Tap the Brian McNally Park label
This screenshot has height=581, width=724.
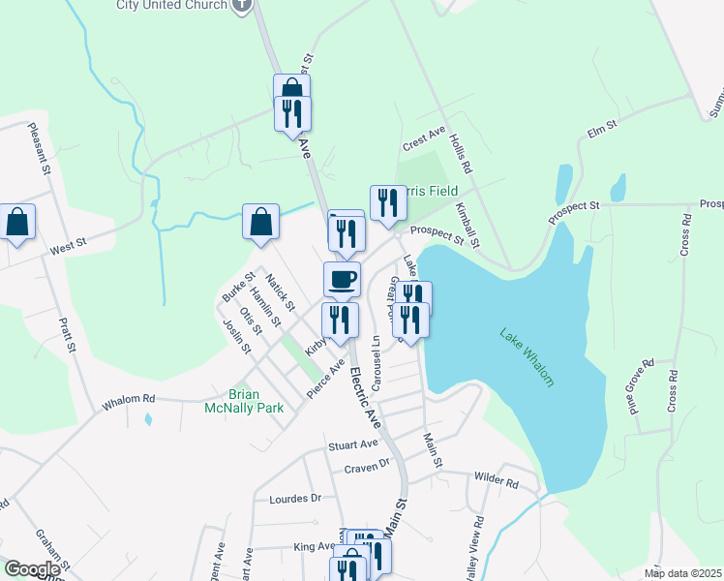coord(256,401)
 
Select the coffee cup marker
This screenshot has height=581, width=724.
coord(341,280)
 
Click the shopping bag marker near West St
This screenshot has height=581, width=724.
coord(17,223)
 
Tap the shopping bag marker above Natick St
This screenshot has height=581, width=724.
coord(261,222)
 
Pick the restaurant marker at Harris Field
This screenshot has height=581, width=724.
coord(388,203)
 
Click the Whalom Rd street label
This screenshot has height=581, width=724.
coord(129,399)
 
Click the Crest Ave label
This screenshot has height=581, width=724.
coord(423,138)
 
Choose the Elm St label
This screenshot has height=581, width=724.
coord(602,127)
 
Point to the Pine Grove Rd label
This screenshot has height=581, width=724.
coord(642,386)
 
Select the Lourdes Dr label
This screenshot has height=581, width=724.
coord(294,498)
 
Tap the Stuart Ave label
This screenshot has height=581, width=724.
coord(352,444)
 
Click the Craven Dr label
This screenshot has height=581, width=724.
coord(366,467)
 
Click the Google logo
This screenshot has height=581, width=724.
coord(32,569)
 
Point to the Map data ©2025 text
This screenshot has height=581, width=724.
coord(681,573)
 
